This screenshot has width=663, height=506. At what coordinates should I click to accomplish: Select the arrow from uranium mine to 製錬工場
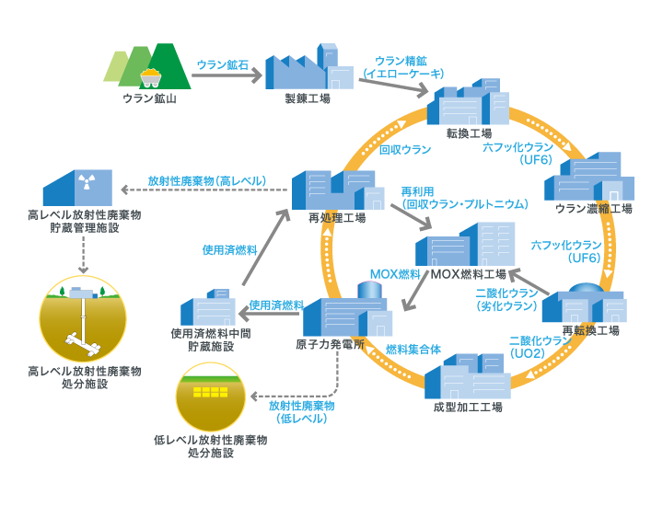coord(225,77)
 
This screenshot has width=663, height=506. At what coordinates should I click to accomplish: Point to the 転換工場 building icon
coord(468,107)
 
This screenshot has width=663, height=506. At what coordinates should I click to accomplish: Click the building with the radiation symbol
coord(77,187)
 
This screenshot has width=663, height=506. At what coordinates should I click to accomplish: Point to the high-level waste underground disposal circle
coord(84,317)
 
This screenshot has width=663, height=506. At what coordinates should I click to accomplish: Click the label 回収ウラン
coord(405,149)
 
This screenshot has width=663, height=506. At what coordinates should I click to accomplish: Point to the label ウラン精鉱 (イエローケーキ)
coord(409,67)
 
